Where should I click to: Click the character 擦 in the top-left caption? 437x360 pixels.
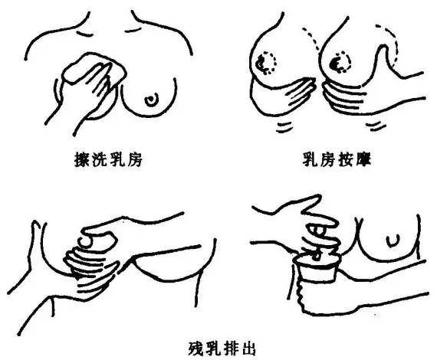click(x=83, y=159)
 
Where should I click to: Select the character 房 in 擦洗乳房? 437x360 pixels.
click(x=134, y=159)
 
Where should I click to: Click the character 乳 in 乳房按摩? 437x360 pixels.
click(x=310, y=159)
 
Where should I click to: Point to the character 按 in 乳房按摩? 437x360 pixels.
click(x=346, y=159)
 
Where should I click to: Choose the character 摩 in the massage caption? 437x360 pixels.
click(x=363, y=159)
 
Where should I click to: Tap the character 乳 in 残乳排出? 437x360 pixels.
click(x=213, y=348)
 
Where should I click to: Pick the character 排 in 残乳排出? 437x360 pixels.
click(x=231, y=348)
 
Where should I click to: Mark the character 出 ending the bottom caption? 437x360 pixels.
click(x=248, y=348)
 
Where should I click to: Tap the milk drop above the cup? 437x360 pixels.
click(x=317, y=256)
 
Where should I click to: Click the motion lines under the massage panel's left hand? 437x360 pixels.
click(x=284, y=127)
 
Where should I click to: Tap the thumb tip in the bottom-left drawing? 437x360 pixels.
click(x=87, y=242)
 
